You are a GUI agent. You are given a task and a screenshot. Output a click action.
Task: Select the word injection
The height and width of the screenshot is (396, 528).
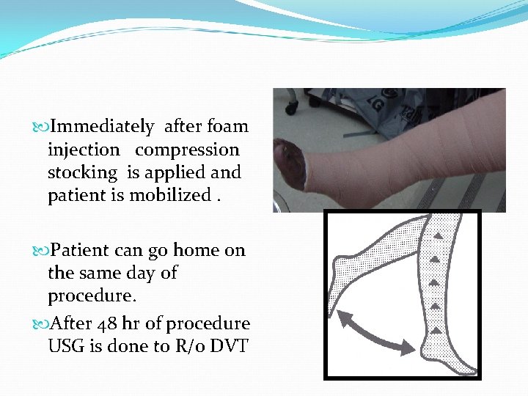coord(83,150)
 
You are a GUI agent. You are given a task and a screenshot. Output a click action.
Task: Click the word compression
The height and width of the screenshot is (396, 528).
coord(187,150)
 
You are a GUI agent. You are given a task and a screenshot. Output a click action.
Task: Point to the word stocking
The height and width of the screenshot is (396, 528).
coord(82,173)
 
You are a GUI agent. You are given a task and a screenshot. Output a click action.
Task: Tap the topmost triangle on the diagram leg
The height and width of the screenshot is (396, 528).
coord(439,235)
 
